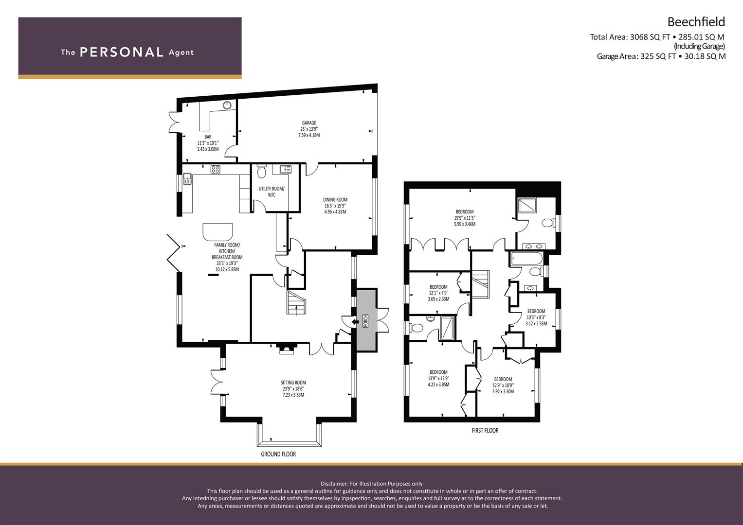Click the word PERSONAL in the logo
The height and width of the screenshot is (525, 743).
tap(122, 52)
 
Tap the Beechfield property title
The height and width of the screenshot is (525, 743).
tap(696, 22)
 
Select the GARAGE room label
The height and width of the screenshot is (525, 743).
tap(309, 122)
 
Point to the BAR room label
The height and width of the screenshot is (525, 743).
tap(208, 137)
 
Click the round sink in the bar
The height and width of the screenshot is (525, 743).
tap(227, 105)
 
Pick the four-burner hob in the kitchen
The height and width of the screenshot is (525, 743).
tap(215, 169)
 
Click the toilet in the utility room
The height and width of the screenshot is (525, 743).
tap(261, 171)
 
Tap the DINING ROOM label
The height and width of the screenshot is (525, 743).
tap(335, 199)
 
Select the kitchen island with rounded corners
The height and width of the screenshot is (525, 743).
tap(217, 231)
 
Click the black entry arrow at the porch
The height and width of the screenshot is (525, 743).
tap(355, 321)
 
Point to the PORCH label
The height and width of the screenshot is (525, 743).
tap(365, 320)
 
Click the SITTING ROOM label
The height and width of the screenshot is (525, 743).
tap(293, 383)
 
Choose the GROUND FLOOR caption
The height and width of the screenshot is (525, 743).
tap(278, 454)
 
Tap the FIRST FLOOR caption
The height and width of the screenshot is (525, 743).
tap(485, 430)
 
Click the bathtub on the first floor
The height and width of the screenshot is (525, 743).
tap(527, 258)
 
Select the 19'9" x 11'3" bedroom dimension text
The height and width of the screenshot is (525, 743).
tap(465, 218)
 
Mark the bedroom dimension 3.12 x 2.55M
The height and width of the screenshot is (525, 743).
tap(536, 323)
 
